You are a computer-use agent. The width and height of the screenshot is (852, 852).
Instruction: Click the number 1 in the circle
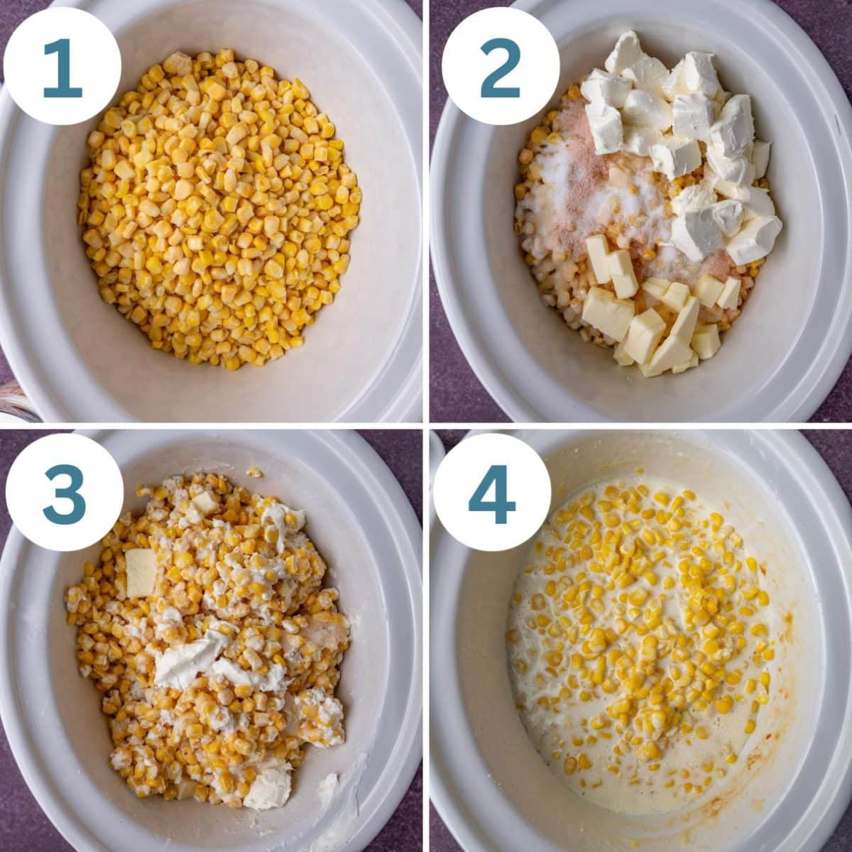pyautogui.click(x=62, y=67)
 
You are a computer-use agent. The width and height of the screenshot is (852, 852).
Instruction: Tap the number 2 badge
pyautogui.click(x=500, y=67)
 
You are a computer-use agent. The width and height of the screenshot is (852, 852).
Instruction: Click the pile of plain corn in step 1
pyautogui.click(x=220, y=213)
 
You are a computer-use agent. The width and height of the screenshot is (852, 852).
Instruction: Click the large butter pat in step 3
pyautogui.click(x=141, y=572)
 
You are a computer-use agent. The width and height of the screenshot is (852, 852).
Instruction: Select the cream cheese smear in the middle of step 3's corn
pyautogui.click(x=192, y=657)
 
